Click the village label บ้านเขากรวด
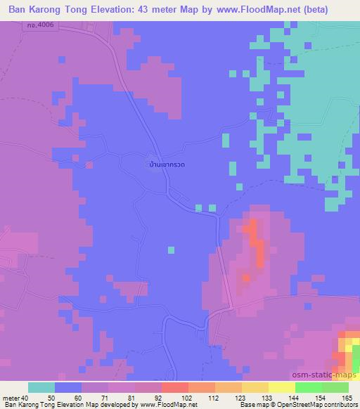(x=167, y=164)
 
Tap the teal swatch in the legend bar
(x=41, y=387)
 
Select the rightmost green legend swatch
(x=335, y=387)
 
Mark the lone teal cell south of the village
(x=171, y=249)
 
